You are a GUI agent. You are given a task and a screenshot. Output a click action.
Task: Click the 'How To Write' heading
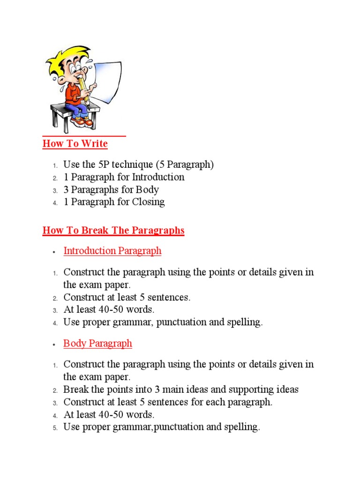point(75,144)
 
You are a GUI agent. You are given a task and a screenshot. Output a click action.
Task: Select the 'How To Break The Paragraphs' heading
point(113,231)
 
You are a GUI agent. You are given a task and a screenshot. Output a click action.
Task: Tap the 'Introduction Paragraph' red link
point(112,251)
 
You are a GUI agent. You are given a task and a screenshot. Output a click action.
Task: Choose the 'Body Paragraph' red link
point(97,344)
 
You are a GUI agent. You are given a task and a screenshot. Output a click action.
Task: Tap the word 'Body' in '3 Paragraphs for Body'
point(148,190)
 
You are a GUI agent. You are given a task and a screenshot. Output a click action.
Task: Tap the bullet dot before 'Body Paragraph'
point(54,345)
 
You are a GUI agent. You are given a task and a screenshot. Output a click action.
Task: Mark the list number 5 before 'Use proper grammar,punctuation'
point(54,427)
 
